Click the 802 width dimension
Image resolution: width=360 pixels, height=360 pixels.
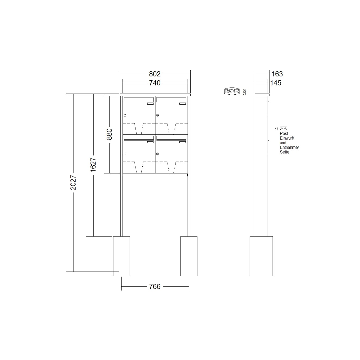[155, 74]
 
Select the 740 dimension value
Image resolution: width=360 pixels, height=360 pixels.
[155, 83]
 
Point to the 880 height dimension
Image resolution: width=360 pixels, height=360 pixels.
[109, 134]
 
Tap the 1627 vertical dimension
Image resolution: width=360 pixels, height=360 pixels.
[93, 164]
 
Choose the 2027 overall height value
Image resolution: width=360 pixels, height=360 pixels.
[73, 182]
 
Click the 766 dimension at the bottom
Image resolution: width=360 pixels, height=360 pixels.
[155, 286]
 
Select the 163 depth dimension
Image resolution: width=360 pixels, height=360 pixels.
[277, 74]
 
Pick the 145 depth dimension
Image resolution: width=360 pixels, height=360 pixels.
[275, 83]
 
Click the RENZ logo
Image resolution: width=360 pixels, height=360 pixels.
[232, 91]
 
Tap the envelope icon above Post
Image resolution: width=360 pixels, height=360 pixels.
[283, 128]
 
